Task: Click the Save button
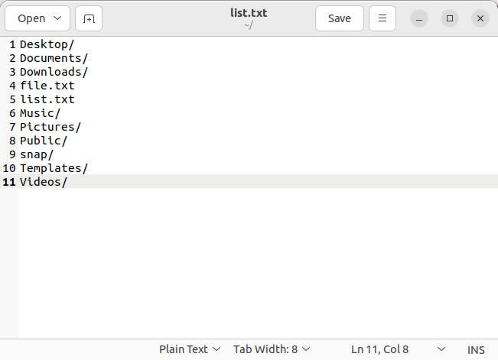coord(339,18)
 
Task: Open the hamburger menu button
coord(382,18)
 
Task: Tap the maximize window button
coord(450,18)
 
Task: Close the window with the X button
coord(480,18)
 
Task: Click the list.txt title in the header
coord(248,13)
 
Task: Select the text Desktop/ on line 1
coord(47,44)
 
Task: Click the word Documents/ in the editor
coord(54,58)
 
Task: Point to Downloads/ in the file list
coord(54,72)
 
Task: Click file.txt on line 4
coord(47,86)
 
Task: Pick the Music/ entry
coord(40,113)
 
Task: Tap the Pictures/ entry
coord(50,127)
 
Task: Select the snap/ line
coord(37,154)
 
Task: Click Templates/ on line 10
coord(54,168)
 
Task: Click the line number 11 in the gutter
coord(9,182)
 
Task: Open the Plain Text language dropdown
coord(190,349)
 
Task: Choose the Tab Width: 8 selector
coord(272,349)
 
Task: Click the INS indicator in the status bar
coord(476,350)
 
